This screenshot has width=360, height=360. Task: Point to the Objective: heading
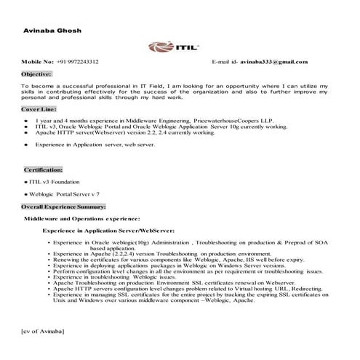[x=36, y=74]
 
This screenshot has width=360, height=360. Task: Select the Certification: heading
[x=43, y=169]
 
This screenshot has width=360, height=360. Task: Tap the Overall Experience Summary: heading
[x=64, y=207]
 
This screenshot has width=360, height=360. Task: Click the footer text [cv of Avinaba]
[x=44, y=331]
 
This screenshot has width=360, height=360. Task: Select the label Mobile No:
[x=37, y=63]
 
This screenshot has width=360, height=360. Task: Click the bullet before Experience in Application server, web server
[x=26, y=145]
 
